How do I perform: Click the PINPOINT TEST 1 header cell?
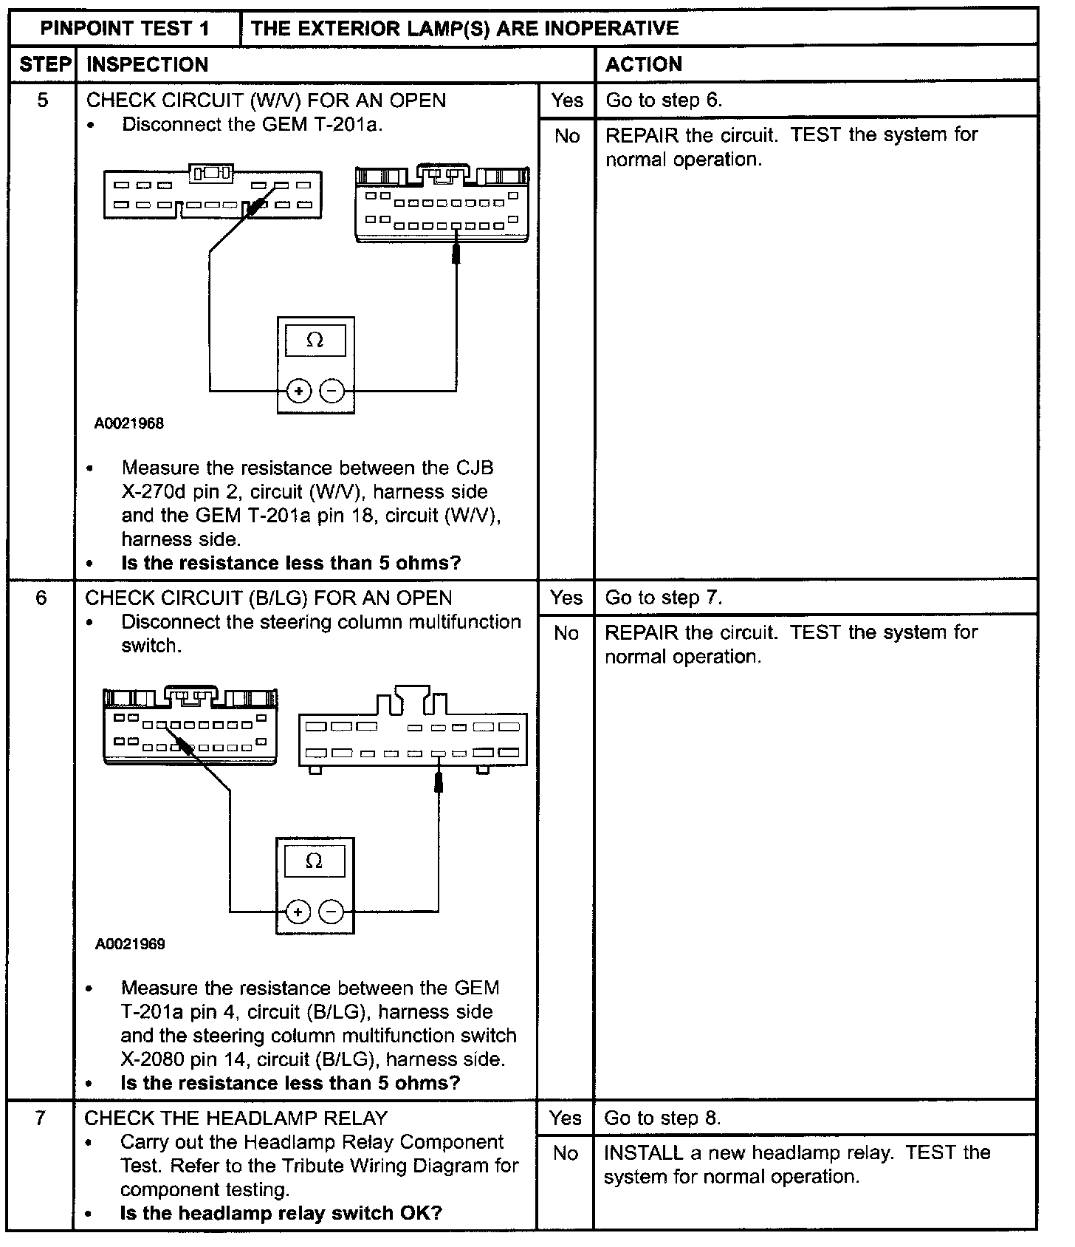pyautogui.click(x=125, y=29)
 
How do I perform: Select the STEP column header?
pyautogui.click(x=44, y=64)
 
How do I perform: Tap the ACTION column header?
pyautogui.click(x=643, y=64)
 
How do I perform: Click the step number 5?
pyautogui.click(x=42, y=100)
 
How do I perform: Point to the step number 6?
pyautogui.click(x=41, y=597)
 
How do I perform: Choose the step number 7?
pyautogui.click(x=41, y=1117)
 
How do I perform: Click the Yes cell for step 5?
pyautogui.click(x=566, y=100)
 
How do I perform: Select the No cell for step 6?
pyautogui.click(x=566, y=633)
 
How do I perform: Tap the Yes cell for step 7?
pyautogui.click(x=565, y=1118)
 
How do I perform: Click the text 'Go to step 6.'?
pyautogui.click(x=663, y=100)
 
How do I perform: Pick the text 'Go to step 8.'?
pyautogui.click(x=662, y=1118)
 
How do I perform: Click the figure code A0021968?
pyautogui.click(x=128, y=423)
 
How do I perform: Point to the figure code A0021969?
pyautogui.click(x=130, y=943)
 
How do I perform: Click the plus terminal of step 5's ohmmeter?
pyautogui.click(x=298, y=391)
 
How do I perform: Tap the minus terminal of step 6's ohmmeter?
pyautogui.click(x=332, y=912)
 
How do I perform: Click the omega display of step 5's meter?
pyautogui.click(x=315, y=341)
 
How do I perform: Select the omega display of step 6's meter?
pyautogui.click(x=315, y=861)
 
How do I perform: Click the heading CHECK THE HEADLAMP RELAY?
pyautogui.click(x=236, y=1118)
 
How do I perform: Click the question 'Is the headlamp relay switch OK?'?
pyautogui.click(x=281, y=1213)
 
